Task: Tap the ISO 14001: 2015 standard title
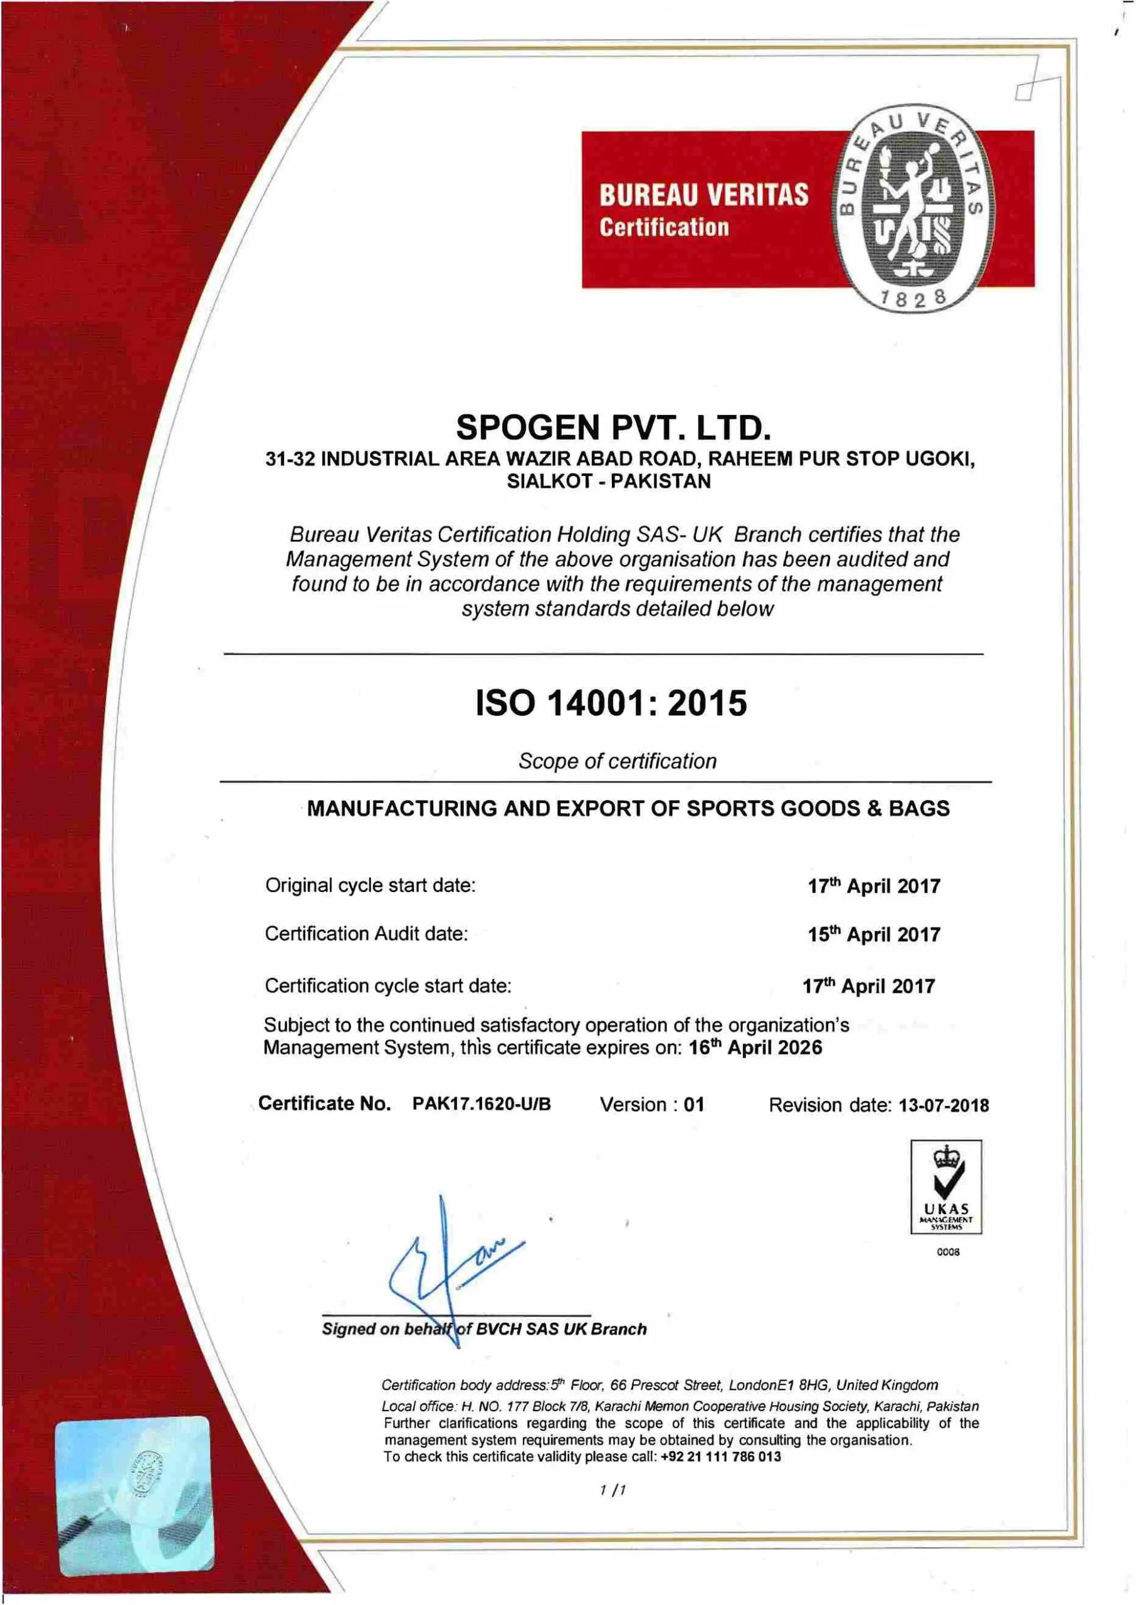coord(611,703)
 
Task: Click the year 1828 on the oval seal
coord(913,298)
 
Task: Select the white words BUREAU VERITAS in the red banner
coord(703,195)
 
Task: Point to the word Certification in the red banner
coord(664,228)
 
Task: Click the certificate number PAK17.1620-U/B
coord(481,1103)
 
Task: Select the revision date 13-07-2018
coord(944,1105)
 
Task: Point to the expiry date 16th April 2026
coord(755,1048)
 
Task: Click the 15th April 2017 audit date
coord(874,934)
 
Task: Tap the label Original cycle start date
coord(370,885)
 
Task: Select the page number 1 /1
coord(613,1490)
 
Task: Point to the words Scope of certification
coord(617,761)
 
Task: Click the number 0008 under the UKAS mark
coord(948,1252)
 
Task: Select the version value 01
coord(694,1104)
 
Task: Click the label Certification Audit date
coord(366,934)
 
